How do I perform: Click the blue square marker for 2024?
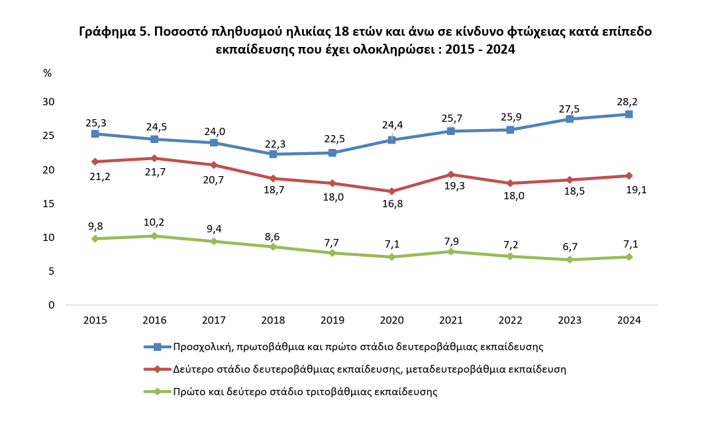629,114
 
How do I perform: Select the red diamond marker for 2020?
391,191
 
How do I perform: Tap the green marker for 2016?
154,236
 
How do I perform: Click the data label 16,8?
391,204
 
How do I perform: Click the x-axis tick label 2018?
273,320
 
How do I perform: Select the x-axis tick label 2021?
451,320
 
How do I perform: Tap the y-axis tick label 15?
48,204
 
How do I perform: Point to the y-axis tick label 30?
48,102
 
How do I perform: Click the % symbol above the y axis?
47,73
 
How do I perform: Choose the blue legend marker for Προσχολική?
157,346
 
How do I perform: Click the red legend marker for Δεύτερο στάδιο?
157,369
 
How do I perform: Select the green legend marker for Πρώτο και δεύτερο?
157,391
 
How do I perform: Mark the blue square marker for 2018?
273,154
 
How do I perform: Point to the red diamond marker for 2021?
451,174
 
